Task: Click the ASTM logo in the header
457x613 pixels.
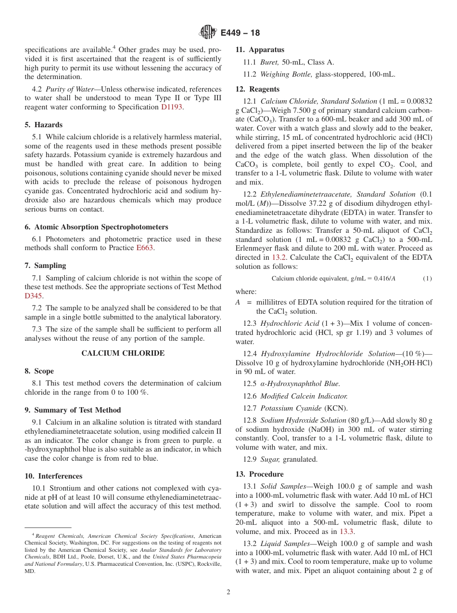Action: [208, 32]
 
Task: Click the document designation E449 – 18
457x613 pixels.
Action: [240, 33]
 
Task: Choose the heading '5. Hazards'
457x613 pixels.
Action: [43, 125]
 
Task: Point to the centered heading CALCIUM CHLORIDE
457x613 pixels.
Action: [123, 353]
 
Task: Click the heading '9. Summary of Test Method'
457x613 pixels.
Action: [73, 410]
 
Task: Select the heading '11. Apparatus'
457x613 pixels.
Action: [259, 50]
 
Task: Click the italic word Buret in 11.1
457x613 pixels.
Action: [269, 62]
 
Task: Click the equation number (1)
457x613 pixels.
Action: [427, 279]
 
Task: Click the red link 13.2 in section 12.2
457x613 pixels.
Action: [279, 257]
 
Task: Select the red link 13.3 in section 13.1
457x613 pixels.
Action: [347, 532]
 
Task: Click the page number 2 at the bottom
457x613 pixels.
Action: [228, 592]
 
